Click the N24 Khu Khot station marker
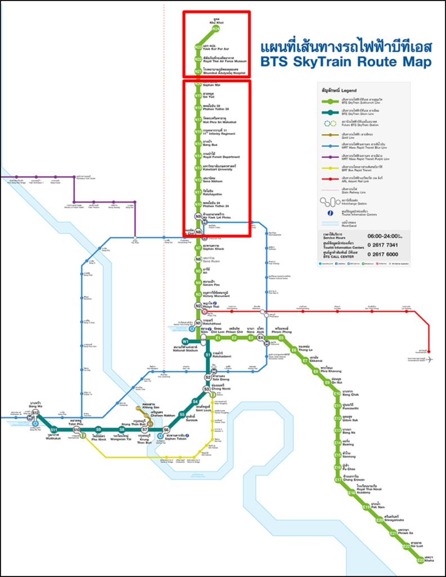pos(216,29)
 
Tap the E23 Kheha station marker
pos(420,560)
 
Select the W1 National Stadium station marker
pos(185,341)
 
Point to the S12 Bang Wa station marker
pos(35,413)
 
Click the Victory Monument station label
pos(216,295)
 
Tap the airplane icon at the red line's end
pos(431,359)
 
